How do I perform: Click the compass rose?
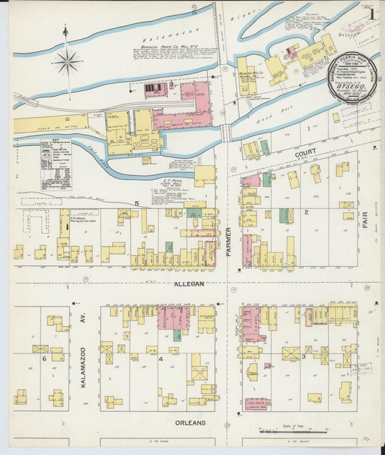click(x=66, y=62)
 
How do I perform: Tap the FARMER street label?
click(x=228, y=241)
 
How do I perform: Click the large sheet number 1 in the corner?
click(x=371, y=14)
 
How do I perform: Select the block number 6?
click(x=44, y=358)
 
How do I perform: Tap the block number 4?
click(x=160, y=358)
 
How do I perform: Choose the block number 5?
click(x=136, y=204)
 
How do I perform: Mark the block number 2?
click(x=306, y=212)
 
